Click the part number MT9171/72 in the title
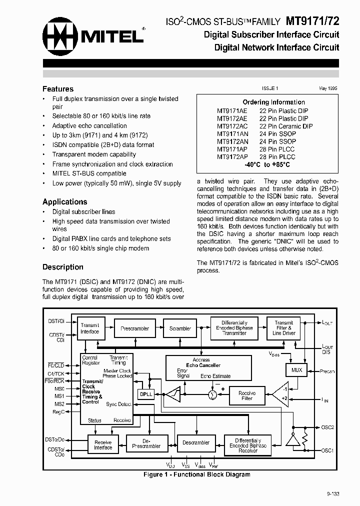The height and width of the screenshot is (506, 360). pyautogui.click(x=312, y=21)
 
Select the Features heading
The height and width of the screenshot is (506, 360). pyautogui.click(x=58, y=89)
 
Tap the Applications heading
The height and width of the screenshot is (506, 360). pyautogui.click(x=64, y=202)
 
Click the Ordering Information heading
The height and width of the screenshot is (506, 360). pyautogui.click(x=273, y=102)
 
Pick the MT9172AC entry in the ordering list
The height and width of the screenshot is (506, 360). pyautogui.click(x=232, y=126)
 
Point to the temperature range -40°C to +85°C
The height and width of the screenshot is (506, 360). pyautogui.click(x=267, y=164)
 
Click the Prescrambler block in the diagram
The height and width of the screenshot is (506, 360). pyautogui.click(x=135, y=328)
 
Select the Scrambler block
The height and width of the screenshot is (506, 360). pyautogui.click(x=180, y=328)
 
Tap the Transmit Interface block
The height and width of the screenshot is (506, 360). pyautogui.click(x=90, y=328)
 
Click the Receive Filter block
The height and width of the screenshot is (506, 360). pyautogui.click(x=246, y=395)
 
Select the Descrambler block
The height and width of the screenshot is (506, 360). pyautogui.click(x=196, y=442)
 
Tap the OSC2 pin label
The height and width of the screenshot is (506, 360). pyautogui.click(x=327, y=427)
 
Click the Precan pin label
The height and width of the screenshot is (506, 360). pyautogui.click(x=327, y=371)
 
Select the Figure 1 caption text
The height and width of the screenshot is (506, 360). pyautogui.click(x=196, y=474)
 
